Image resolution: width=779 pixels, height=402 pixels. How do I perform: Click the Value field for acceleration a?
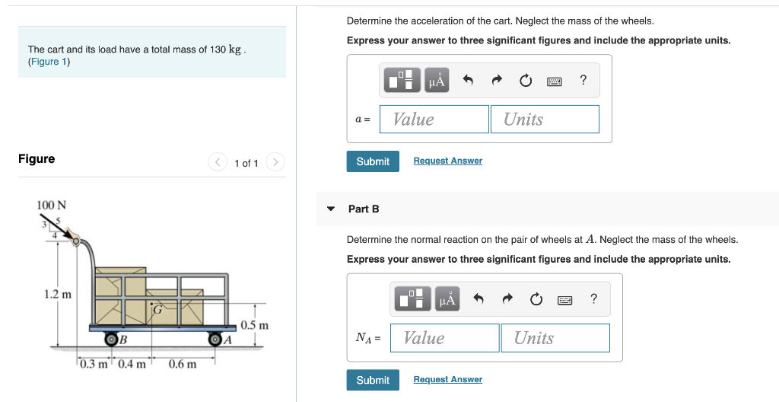[434, 119]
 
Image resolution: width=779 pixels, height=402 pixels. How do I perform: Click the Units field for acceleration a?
[551, 119]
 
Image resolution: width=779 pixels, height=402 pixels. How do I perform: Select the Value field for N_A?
[444, 338]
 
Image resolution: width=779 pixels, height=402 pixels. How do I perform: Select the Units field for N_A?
[555, 338]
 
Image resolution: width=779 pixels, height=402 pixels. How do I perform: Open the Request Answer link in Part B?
[447, 379]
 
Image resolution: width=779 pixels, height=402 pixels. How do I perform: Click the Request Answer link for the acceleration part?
[447, 161]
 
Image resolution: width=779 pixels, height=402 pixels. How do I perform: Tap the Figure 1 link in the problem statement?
[49, 62]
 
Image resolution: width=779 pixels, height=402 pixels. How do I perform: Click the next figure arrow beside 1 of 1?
[275, 162]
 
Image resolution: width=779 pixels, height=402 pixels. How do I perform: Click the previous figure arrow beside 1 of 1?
[218, 162]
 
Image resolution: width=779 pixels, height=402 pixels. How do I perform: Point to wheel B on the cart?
[111, 339]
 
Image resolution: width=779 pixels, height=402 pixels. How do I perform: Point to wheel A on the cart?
[215, 339]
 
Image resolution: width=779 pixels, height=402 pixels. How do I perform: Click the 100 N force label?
[51, 205]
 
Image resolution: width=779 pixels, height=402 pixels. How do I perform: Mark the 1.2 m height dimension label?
[58, 294]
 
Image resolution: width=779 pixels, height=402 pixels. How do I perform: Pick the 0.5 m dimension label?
[255, 325]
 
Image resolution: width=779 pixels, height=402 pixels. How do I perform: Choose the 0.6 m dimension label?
[183, 364]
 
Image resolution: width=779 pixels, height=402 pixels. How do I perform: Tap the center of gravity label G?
[157, 310]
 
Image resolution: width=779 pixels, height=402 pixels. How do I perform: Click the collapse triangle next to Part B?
[330, 209]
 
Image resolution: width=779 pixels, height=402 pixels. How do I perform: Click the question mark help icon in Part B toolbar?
[593, 298]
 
